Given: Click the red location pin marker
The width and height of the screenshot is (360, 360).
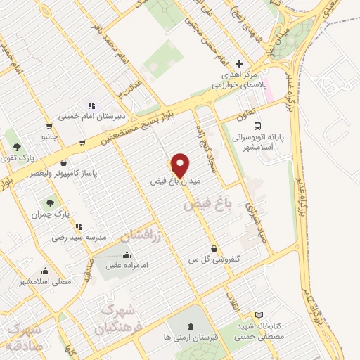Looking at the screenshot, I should (x=180, y=166).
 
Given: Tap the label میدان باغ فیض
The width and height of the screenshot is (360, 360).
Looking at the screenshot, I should (x=176, y=181).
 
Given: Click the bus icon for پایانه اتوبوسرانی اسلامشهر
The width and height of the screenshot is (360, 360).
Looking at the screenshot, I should (x=256, y=119).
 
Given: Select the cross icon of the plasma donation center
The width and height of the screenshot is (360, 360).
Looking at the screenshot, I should (x=240, y=64).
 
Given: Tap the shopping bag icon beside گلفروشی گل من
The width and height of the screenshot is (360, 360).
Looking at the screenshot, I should (x=213, y=249).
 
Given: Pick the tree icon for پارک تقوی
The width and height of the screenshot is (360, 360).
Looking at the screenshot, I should (x=16, y=147).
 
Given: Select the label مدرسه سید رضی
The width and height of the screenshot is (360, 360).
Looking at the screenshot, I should (x=78, y=237).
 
